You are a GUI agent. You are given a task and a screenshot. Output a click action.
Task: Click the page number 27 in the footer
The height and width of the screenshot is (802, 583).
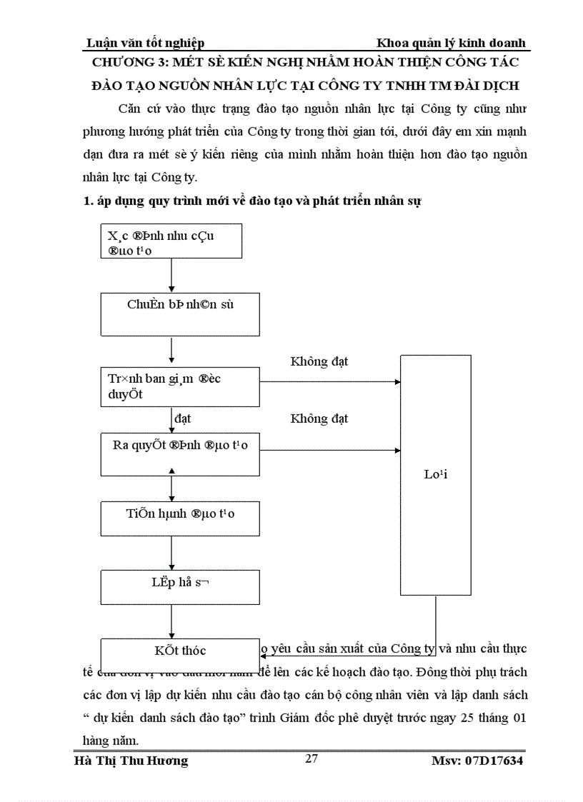pyautogui.click(x=311, y=758)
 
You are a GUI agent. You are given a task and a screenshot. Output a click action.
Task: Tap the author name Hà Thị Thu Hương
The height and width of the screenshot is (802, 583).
pyautogui.click(x=131, y=761)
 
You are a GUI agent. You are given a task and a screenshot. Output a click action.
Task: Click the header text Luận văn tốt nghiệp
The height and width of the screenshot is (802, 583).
pyautogui.click(x=145, y=43)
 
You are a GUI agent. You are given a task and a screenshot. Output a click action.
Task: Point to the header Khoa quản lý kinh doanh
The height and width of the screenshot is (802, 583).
pyautogui.click(x=451, y=43)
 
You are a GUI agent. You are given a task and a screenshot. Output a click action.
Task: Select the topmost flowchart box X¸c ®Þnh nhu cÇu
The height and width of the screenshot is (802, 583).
pyautogui.click(x=171, y=241)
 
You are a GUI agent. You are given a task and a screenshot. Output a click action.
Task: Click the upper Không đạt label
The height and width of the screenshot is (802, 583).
pyautogui.click(x=319, y=361)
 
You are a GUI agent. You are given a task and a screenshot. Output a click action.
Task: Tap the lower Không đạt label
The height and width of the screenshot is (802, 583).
pyautogui.click(x=319, y=418)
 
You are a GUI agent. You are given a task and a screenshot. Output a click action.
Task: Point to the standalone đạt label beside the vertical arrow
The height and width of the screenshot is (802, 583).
pyautogui.click(x=183, y=418)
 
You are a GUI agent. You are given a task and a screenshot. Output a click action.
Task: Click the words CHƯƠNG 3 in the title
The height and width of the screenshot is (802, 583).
pyautogui.click(x=140, y=63)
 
